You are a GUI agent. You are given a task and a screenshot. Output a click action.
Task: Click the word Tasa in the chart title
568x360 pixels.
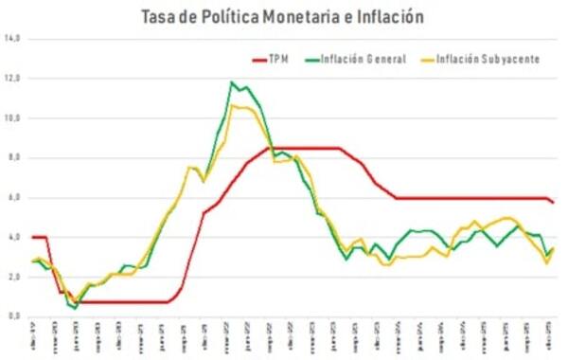coord(159,16)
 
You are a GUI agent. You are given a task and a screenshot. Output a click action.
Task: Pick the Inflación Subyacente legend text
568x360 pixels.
coord(492,59)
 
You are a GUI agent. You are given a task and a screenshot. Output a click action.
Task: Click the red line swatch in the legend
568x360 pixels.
coord(260,59)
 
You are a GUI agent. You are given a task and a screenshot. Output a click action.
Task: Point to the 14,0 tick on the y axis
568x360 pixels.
coord(12,39)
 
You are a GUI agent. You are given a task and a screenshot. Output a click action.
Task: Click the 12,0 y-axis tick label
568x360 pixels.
coord(12,79)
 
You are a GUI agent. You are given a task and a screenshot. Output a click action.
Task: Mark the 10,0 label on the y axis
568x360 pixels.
coord(12,118)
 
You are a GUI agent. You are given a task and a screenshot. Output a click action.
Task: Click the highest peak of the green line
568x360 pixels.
coord(232,82)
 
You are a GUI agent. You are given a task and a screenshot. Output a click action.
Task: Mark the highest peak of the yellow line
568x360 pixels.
coord(233,105)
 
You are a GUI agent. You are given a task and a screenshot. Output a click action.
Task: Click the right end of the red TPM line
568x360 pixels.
coord(554,203)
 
